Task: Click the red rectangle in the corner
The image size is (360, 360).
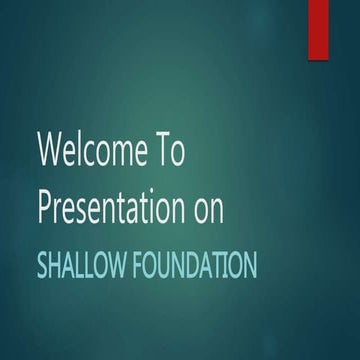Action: coord(319,28)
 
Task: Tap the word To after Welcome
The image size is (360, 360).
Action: coord(170,152)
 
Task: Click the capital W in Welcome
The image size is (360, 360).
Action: coord(50,152)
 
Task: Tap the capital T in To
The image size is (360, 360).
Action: coord(163,152)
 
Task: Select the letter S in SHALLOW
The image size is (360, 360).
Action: coord(42,266)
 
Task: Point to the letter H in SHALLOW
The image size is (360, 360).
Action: coord(56,266)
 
